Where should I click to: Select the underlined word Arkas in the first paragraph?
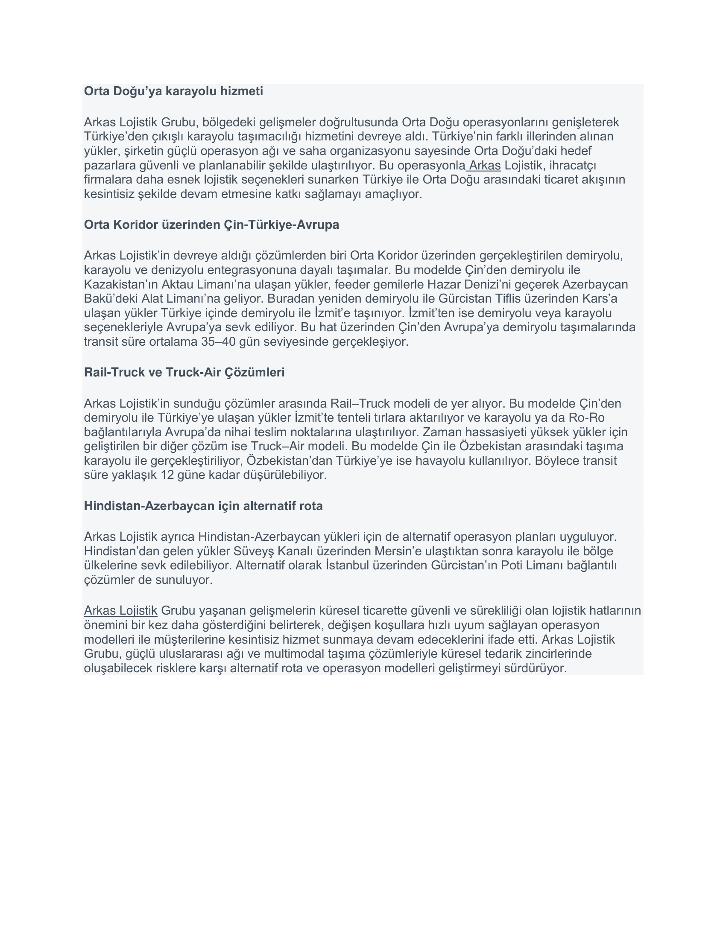click(485, 166)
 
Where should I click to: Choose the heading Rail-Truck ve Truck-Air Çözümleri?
click(184, 373)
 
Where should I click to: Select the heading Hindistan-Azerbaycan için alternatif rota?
click(203, 506)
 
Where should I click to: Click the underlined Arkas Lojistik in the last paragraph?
click(120, 610)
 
